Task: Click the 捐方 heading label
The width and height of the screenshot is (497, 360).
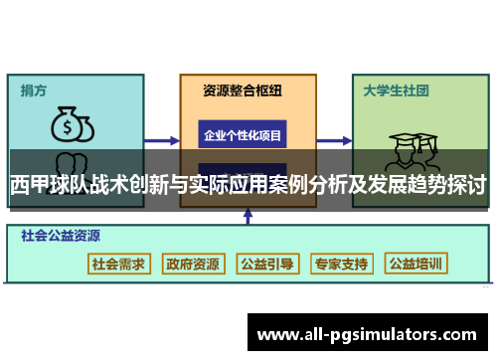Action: point(34,90)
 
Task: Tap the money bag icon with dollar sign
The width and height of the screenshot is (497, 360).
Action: point(73,125)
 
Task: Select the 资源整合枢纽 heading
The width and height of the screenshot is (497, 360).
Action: point(243,90)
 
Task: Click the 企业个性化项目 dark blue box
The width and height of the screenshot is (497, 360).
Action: point(243,134)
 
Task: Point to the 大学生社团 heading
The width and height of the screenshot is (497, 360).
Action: point(396,90)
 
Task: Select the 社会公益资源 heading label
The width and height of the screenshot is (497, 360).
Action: point(61,237)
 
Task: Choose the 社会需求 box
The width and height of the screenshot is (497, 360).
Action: point(118,264)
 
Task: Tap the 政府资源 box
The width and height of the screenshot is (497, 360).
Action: point(193,264)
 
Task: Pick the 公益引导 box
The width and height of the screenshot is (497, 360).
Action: point(266,264)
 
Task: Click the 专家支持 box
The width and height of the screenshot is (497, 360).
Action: point(341,264)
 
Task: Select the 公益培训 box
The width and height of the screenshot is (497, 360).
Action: point(416,264)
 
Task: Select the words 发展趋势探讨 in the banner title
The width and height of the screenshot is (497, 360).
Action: point(427,185)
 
